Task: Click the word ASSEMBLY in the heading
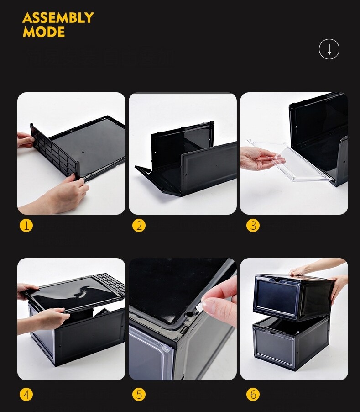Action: pyautogui.click(x=58, y=18)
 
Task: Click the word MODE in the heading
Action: pyautogui.click(x=44, y=32)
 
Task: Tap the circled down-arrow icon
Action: pyautogui.click(x=329, y=49)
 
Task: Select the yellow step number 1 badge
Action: pyautogui.click(x=26, y=225)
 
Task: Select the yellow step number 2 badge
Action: pyautogui.click(x=139, y=225)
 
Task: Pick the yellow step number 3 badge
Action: pyautogui.click(x=252, y=225)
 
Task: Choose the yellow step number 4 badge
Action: pyautogui.click(x=26, y=394)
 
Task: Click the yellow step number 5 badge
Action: pyautogui.click(x=139, y=394)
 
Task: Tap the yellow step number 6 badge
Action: pyautogui.click(x=252, y=394)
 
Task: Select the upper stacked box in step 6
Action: pyautogui.click(x=287, y=296)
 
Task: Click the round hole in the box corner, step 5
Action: pyautogui.click(x=188, y=314)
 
